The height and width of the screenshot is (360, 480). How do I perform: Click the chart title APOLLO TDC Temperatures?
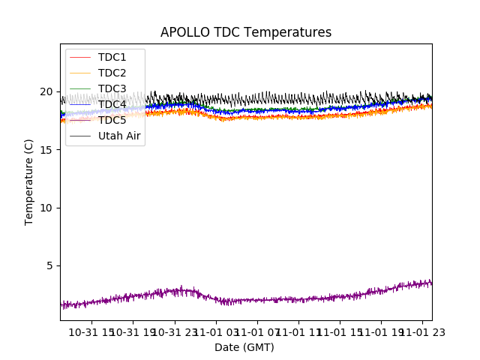tap(245, 32)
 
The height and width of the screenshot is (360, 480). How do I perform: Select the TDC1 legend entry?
tap(112, 57)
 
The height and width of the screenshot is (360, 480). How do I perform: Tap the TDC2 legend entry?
tap(112, 73)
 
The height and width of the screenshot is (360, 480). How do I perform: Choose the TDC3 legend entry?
tap(112, 88)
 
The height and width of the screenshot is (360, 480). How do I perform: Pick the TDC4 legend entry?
tap(112, 104)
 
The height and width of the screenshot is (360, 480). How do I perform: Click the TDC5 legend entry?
tap(112, 120)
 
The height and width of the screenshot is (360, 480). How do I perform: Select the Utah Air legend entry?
tap(119, 136)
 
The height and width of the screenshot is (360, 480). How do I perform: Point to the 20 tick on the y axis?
tap(46, 91)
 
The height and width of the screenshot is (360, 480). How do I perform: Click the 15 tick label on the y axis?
tap(46, 150)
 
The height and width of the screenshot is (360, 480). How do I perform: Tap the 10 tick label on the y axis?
tap(46, 208)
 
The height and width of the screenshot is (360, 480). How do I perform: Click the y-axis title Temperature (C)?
tap(29, 181)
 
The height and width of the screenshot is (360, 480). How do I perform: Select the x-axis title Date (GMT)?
tap(244, 347)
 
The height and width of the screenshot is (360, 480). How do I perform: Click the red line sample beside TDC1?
tap(80, 57)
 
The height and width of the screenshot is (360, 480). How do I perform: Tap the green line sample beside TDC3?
tap(80, 88)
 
